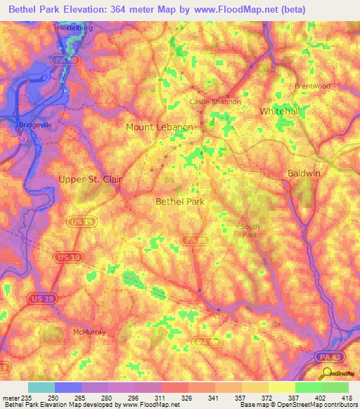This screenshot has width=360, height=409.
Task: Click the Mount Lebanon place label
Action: click(159, 127)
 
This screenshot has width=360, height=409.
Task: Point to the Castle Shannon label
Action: click(216, 102)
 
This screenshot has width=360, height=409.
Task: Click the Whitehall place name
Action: click(280, 112)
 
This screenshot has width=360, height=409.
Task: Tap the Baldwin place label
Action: click(304, 173)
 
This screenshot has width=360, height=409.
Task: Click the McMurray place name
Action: click(89, 331)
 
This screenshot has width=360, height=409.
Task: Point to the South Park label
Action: click(250, 230)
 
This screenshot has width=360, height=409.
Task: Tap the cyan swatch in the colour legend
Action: click(41, 387)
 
